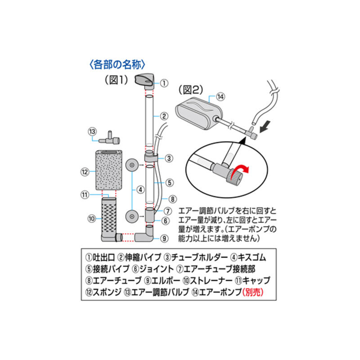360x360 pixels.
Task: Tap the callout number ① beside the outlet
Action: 164,83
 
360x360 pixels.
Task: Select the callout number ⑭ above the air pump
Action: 220,96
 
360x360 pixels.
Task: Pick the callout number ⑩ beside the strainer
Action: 90,218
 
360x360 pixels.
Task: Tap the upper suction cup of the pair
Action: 131,165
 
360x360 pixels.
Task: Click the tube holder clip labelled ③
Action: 151,158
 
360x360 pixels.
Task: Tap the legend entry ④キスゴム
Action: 247,258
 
